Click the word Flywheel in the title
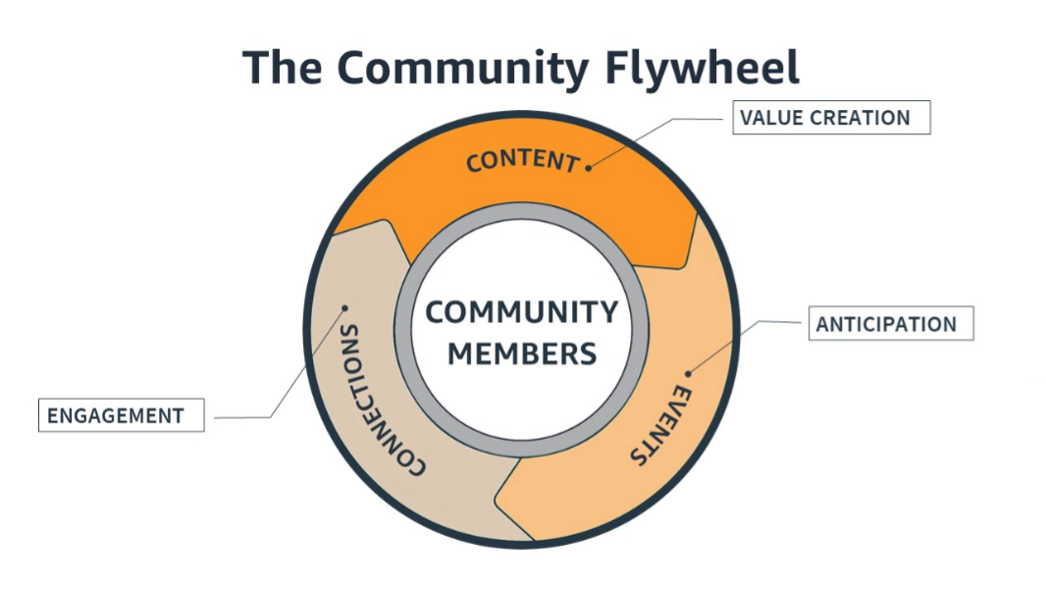tap(702, 68)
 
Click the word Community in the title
tap(463, 68)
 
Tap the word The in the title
tap(282, 67)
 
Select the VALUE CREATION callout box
tap(831, 118)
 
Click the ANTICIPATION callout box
tap(891, 324)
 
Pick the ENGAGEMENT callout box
tap(122, 415)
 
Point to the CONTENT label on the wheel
tap(522, 162)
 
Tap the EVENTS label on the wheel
tap(660, 425)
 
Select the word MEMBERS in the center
tap(522, 353)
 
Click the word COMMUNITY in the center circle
tap(522, 312)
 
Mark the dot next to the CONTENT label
tap(589, 168)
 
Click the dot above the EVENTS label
tap(688, 374)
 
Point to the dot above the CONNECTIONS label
tap(344, 307)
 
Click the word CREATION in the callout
tap(860, 118)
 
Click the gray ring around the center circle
tap(522, 212)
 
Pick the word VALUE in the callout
tap(771, 118)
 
